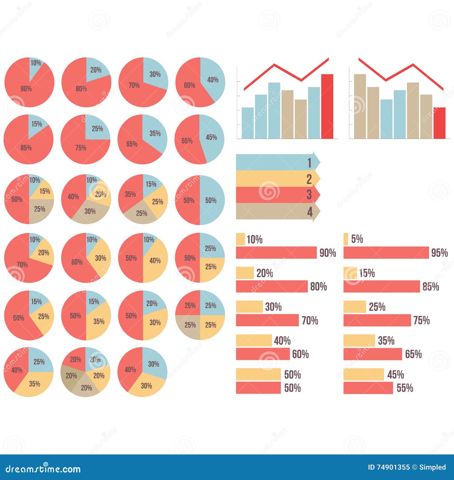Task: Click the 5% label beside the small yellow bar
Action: coord(357,239)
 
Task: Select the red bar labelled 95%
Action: coord(386,252)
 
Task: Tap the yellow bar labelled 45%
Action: coord(363,374)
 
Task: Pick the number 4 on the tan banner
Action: coord(310,212)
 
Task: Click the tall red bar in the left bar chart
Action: coord(327,107)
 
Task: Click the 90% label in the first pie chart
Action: coord(26,89)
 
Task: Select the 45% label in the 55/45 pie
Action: coord(211,137)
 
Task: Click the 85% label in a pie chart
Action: coord(26,148)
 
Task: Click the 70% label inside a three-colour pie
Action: coord(22,265)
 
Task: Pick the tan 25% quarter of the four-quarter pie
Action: coord(190,325)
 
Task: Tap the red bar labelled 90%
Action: coord(276,252)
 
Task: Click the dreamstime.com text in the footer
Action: coord(43,469)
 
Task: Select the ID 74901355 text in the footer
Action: coord(389,467)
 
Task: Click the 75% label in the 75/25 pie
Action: coord(81,148)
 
